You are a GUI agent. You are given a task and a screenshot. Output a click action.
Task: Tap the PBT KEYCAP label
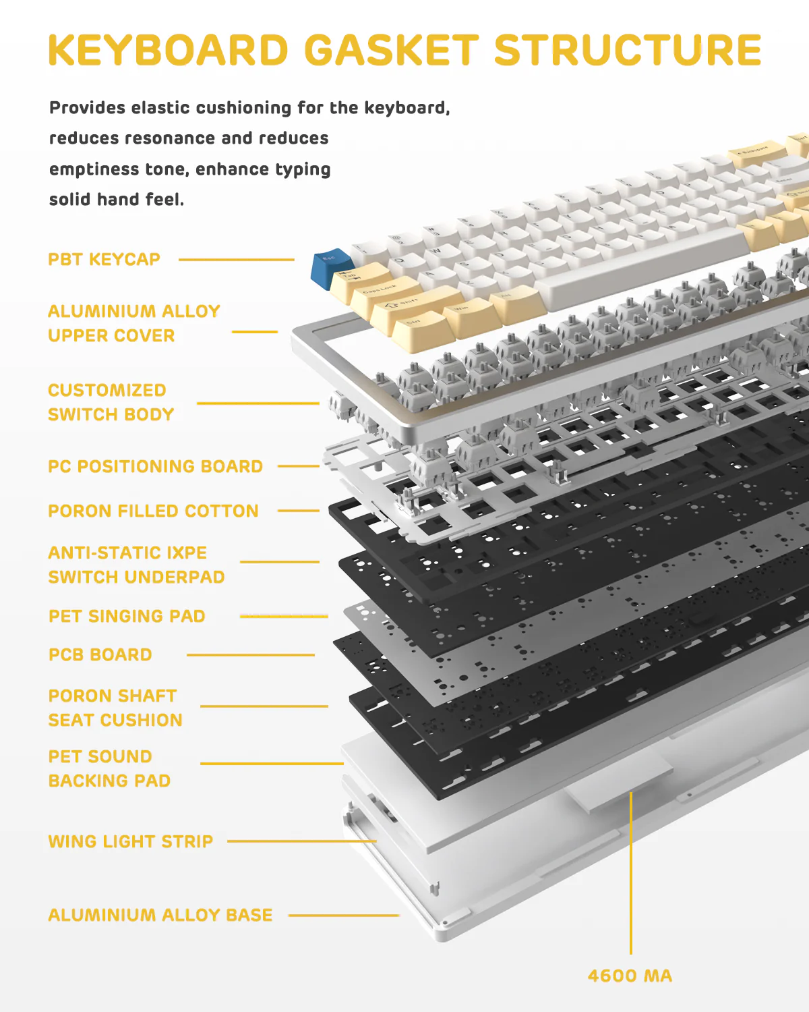[104, 260]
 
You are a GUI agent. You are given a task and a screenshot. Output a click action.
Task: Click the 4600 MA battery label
[630, 976]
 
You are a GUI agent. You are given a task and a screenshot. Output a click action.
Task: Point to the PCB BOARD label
[100, 655]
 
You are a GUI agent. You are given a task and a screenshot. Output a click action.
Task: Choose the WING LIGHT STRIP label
[130, 841]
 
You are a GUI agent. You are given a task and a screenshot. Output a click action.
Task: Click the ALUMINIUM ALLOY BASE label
[160, 915]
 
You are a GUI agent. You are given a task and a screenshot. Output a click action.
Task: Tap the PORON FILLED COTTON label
[153, 511]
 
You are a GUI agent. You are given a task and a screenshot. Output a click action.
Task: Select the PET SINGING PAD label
[127, 617]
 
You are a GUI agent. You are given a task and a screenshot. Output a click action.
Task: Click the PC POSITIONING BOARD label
[155, 467]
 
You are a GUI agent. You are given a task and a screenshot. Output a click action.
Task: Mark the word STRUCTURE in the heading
[628, 51]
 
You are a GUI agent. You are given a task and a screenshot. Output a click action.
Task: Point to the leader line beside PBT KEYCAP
[236, 260]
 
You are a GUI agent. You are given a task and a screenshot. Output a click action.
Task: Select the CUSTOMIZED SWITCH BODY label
[111, 403]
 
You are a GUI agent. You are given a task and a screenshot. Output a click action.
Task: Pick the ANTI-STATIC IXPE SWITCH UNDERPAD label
[136, 565]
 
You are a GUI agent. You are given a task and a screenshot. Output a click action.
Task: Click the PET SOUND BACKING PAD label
[109, 769]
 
